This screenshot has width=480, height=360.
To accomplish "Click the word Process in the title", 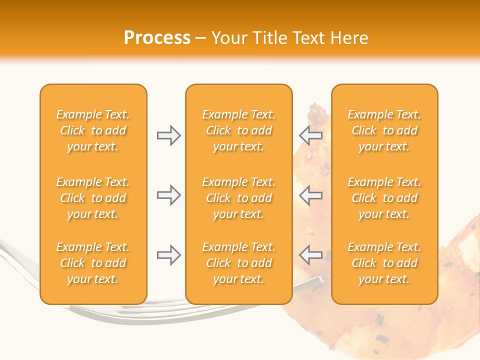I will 157,38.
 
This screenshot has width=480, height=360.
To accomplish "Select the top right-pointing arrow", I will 168,135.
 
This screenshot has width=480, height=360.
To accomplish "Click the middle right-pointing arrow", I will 168,195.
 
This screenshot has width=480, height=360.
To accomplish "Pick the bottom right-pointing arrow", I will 168,255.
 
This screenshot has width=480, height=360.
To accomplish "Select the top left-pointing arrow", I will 311,135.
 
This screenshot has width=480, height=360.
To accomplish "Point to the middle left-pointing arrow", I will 311,195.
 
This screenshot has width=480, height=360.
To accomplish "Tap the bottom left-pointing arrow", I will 311,255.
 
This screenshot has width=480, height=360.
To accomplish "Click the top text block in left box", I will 93,130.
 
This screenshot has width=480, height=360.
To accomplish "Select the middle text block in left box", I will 93,198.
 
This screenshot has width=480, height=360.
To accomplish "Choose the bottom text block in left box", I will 93,263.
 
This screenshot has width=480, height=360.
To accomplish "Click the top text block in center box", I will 238,130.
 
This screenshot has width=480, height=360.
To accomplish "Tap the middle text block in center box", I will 238,198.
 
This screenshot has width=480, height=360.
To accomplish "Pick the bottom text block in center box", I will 238,263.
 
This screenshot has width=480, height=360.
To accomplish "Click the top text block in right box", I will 384,130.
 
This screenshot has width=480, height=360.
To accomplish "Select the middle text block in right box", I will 384,198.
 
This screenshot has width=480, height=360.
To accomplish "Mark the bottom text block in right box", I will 384,263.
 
